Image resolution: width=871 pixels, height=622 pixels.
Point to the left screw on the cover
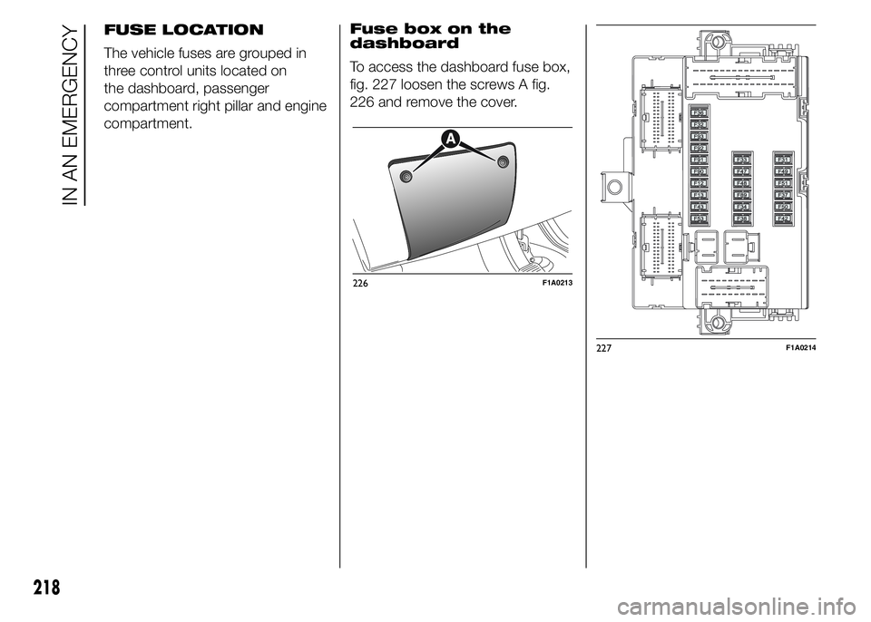click(x=406, y=177)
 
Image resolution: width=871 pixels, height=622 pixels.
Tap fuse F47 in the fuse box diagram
click(x=741, y=171)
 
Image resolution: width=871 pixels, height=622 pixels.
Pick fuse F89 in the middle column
click(x=741, y=195)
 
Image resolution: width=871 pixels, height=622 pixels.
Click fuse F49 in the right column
click(x=783, y=171)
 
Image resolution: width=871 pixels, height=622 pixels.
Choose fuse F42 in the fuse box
click(x=783, y=219)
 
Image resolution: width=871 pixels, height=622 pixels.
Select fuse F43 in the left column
click(x=700, y=207)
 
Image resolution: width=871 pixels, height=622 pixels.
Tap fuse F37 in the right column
click(x=783, y=195)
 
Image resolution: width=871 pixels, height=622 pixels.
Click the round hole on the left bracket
click(x=614, y=189)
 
